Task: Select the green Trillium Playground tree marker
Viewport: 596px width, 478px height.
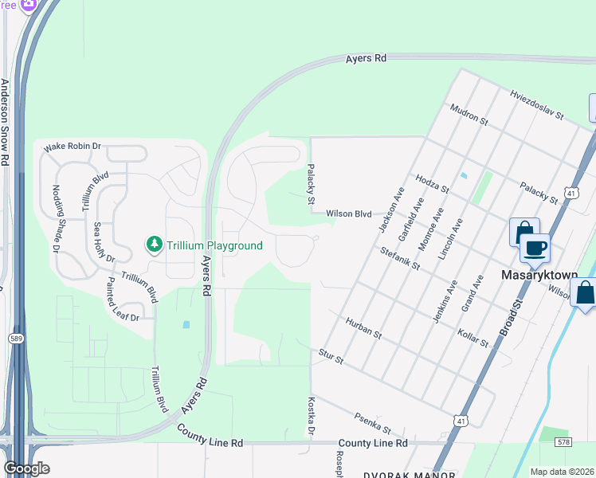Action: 153,245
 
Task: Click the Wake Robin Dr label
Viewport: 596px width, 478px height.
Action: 73,147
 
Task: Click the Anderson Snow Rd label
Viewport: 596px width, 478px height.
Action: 5,122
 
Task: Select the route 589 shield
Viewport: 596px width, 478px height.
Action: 17,339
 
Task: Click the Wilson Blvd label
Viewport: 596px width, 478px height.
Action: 349,214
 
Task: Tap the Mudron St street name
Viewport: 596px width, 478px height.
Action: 469,115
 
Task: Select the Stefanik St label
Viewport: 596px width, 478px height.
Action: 400,258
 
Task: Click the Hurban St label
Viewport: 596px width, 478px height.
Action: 363,328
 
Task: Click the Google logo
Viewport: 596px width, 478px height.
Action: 26,468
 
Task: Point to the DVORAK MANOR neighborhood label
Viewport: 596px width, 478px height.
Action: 403,472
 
